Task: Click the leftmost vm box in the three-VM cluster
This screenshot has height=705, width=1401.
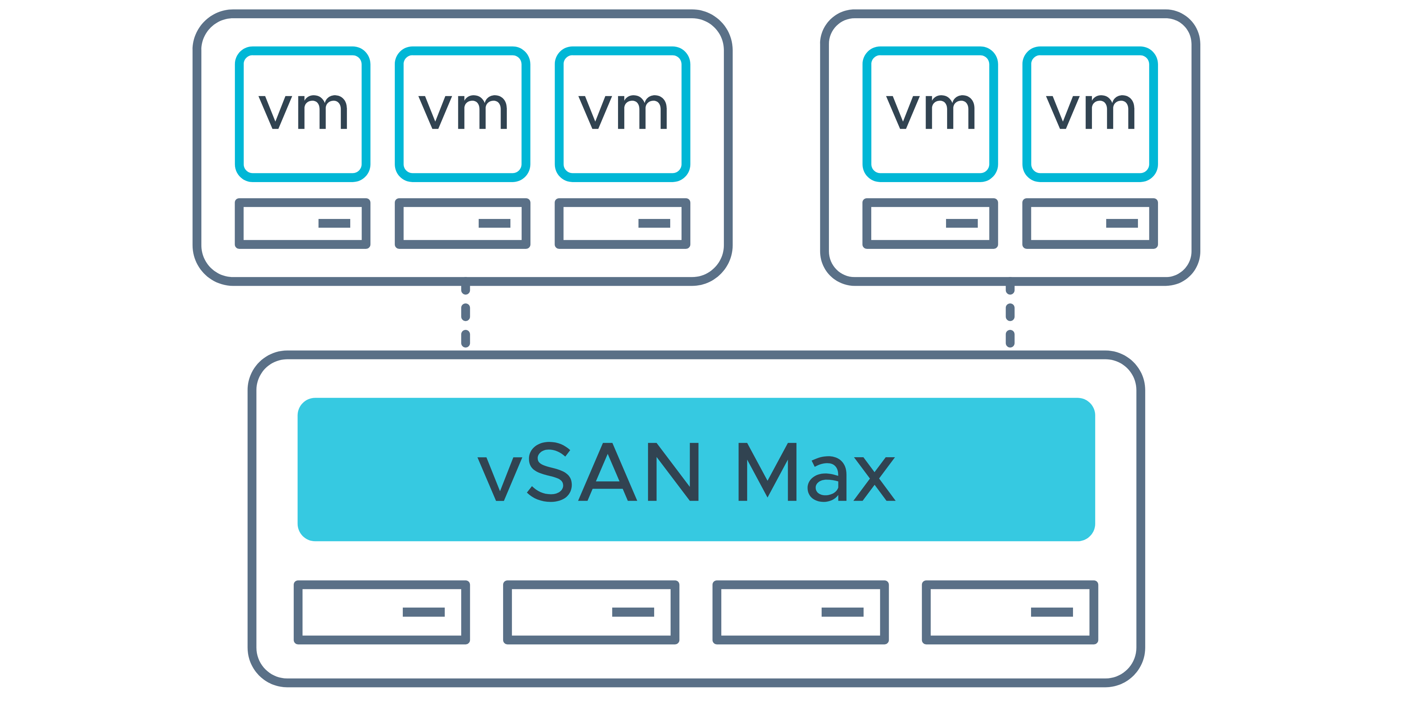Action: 302,114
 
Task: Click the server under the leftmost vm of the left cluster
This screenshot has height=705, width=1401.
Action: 302,224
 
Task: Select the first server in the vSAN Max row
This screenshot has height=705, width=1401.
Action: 382,613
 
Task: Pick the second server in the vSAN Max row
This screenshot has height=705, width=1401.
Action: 591,613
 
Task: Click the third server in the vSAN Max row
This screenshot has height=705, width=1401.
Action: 800,613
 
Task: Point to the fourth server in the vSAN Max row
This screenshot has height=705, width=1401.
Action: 1010,613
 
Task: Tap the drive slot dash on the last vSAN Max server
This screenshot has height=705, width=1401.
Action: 1052,613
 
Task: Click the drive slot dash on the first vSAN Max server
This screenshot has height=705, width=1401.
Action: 424,613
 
